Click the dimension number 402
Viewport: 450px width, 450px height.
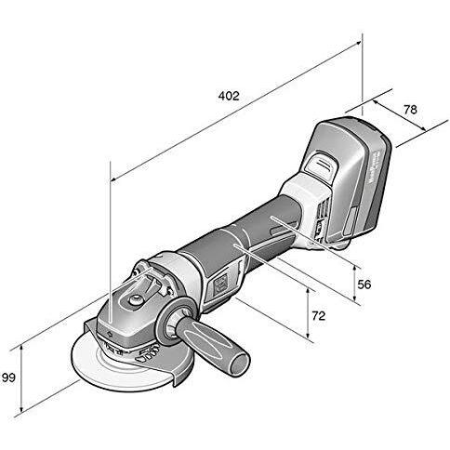(230, 96)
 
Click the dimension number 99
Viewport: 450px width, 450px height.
(10, 377)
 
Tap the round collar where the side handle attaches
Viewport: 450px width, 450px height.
(174, 324)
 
